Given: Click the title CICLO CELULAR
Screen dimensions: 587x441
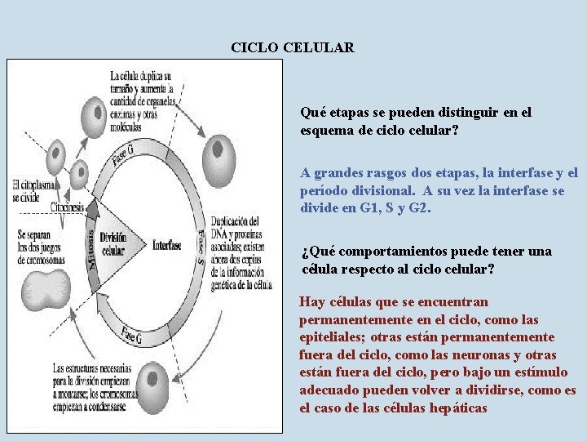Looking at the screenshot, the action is pos(293,47).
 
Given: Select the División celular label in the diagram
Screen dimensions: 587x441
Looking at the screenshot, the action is pos(114,243).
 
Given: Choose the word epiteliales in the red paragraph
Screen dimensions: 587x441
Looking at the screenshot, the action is pos(333,336).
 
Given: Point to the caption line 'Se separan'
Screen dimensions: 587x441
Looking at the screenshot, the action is pos(38,234).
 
